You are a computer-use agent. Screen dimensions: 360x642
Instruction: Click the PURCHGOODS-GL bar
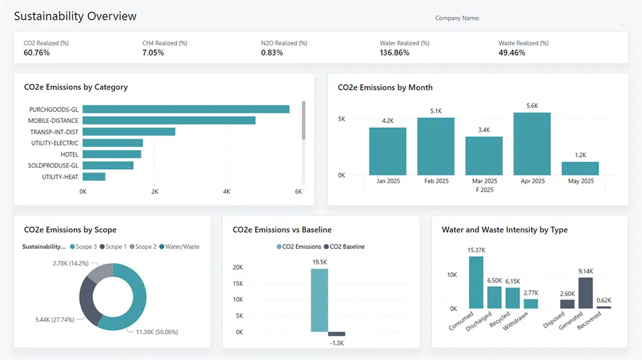186,109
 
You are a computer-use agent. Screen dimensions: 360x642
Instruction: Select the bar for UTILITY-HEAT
94,177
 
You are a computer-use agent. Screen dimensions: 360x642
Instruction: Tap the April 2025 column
532,143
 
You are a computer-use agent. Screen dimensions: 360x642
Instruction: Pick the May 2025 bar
580,168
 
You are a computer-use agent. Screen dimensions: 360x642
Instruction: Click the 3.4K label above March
484,130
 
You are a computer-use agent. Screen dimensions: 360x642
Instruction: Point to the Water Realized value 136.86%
394,53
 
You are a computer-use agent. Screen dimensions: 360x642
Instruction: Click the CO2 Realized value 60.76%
37,53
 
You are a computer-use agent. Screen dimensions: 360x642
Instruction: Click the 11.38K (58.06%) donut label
157,332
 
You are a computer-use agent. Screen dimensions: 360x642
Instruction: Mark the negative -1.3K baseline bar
337,334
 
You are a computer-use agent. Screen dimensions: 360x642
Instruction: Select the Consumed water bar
476,282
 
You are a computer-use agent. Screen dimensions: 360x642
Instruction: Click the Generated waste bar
586,293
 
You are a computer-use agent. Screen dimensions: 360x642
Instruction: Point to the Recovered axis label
590,322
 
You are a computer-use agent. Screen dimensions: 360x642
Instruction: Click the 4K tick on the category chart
227,192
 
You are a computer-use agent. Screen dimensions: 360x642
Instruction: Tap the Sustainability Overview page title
75,16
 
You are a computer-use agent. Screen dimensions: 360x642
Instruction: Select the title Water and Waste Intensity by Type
504,230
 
